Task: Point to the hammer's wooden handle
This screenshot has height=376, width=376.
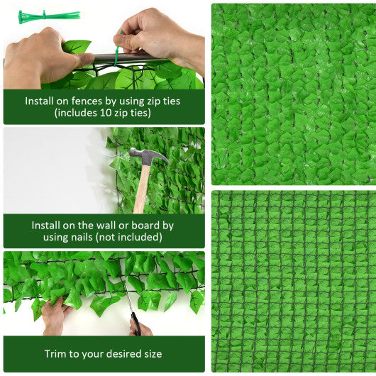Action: coord(142,188)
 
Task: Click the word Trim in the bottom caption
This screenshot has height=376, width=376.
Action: coord(57,353)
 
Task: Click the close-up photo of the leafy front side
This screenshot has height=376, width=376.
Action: coord(293,94)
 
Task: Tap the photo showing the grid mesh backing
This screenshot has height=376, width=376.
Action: coord(293,281)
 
